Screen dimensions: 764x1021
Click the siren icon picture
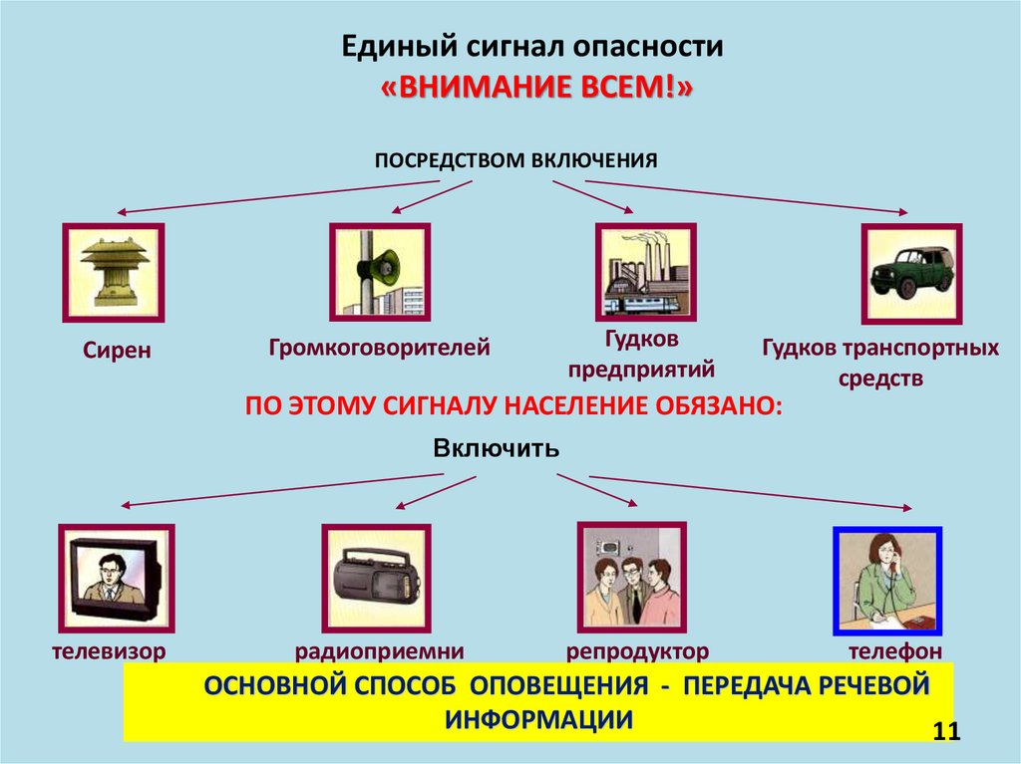113,272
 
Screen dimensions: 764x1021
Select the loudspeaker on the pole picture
380,272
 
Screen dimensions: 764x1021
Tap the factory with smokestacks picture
645,272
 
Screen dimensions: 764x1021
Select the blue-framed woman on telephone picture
886,581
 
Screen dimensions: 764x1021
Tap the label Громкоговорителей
379,348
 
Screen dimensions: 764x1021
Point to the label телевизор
109,651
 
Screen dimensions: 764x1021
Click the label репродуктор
638,651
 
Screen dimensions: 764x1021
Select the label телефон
895,651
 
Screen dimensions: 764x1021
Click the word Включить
497,448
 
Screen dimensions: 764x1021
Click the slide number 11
945,732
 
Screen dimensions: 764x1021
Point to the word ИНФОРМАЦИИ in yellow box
538,720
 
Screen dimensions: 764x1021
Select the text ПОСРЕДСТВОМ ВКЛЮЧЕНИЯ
515,159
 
